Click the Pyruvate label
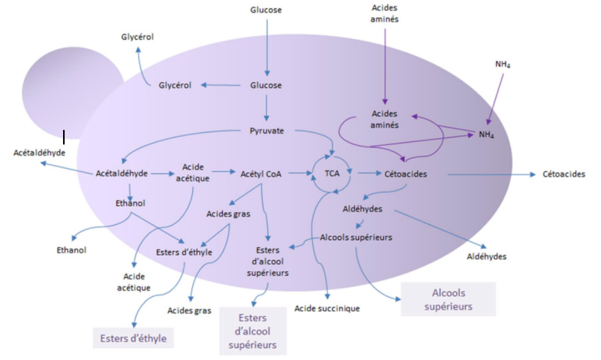(x=266, y=131)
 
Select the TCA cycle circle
(x=332, y=173)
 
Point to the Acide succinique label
(x=327, y=308)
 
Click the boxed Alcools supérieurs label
(x=448, y=298)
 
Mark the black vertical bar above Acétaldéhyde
(x=65, y=137)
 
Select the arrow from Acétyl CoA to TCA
(x=298, y=174)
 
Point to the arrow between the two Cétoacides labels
(x=488, y=174)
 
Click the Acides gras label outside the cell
(x=189, y=310)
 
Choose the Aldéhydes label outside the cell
(x=486, y=256)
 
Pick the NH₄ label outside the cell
(x=503, y=64)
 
